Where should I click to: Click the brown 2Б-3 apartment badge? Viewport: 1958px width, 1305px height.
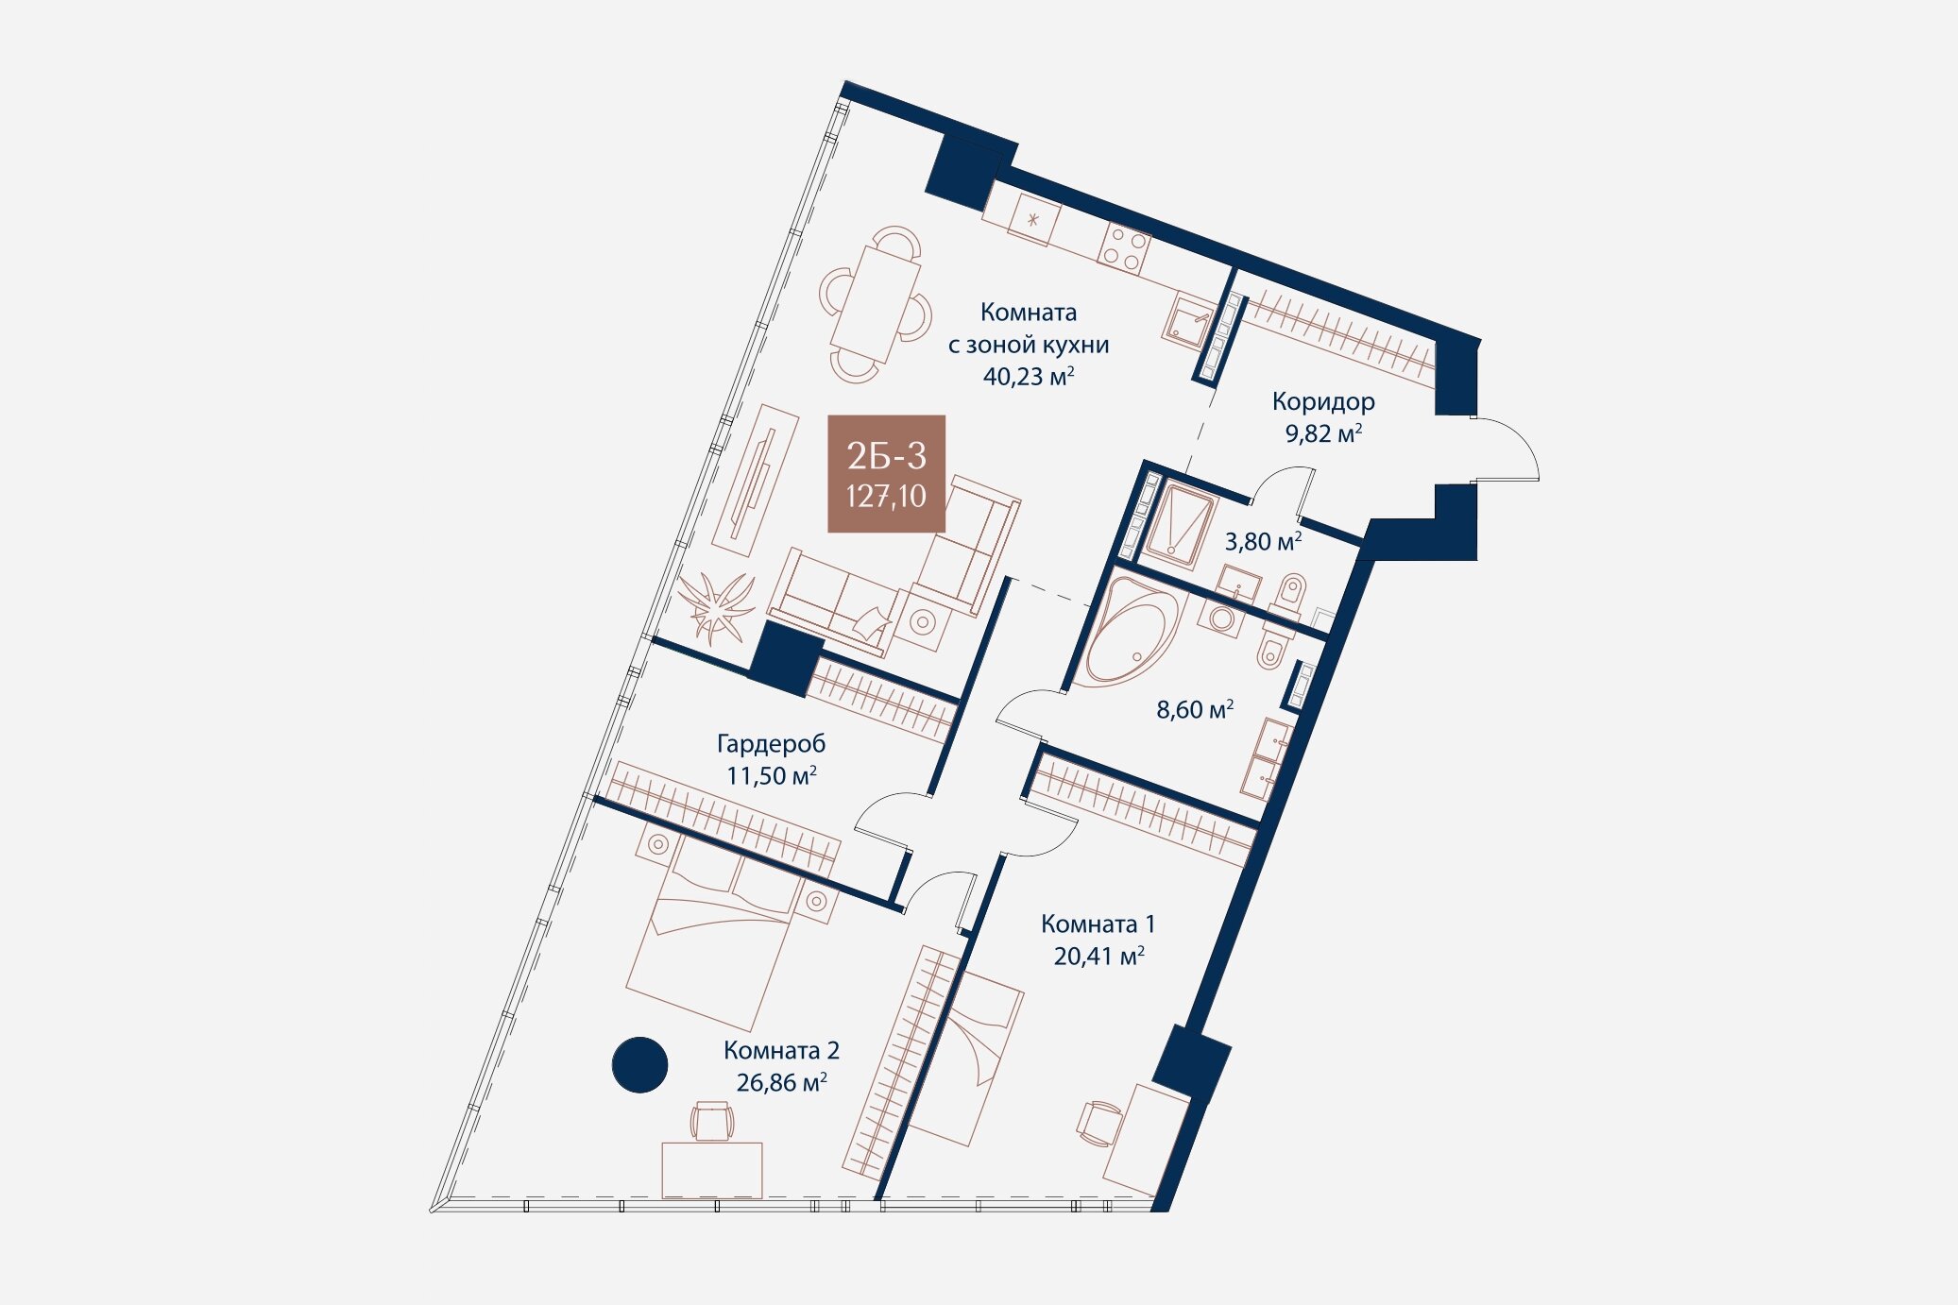point(886,474)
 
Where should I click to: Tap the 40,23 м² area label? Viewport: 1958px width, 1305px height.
point(1029,376)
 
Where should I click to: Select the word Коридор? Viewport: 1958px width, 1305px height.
point(1322,402)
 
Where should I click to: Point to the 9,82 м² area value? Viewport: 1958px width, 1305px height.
point(1322,433)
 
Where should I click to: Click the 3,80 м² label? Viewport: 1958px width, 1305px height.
point(1263,541)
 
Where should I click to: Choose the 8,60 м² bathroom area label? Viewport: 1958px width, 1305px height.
point(1195,709)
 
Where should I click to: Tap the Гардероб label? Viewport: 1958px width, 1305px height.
point(771,744)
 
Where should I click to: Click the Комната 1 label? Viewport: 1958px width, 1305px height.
point(1098,924)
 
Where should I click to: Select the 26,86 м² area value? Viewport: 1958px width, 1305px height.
point(781,1082)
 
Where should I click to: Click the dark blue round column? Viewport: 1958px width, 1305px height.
point(639,1065)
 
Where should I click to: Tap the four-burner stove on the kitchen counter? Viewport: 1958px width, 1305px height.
point(1124,248)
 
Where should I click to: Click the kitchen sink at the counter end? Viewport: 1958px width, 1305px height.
point(1189,320)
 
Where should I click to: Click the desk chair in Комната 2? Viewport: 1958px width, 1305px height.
point(711,1121)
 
